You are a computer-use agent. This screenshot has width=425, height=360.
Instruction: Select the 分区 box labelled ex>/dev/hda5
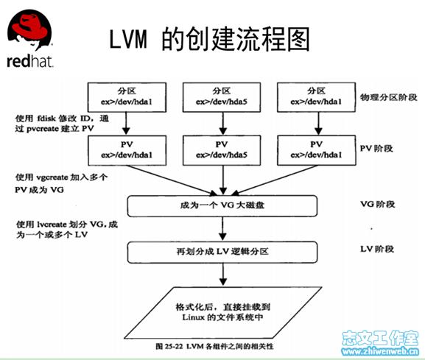(x=222, y=93)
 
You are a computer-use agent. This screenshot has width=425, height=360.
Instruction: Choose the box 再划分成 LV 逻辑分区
(x=222, y=252)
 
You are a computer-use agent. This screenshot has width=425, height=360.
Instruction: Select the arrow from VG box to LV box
(x=221, y=228)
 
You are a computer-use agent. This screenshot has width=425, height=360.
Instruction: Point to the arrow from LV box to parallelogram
(x=221, y=275)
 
